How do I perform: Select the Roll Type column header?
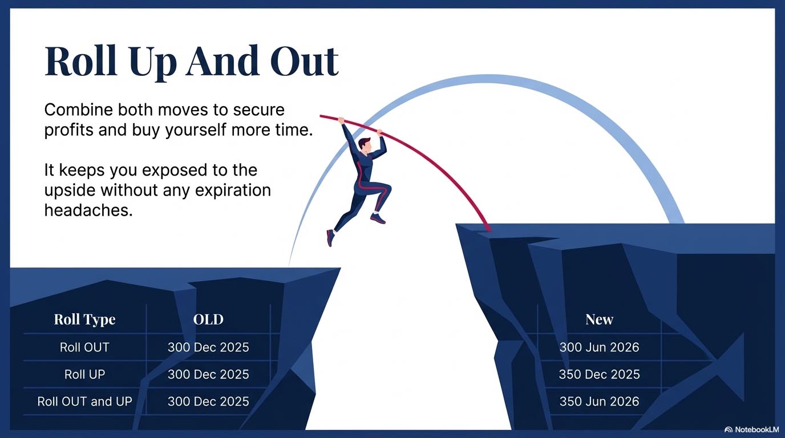(84, 319)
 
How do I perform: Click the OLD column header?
(208, 319)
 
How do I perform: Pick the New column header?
(599, 319)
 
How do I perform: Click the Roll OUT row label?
(84, 347)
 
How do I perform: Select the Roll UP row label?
(84, 374)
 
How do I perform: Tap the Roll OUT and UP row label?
(84, 401)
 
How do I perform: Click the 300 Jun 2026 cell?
(599, 347)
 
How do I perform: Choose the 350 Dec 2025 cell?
(599, 374)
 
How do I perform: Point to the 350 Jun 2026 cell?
(599, 401)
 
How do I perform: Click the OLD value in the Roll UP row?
(208, 374)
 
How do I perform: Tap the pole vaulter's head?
(364, 145)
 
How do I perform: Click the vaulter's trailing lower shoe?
(330, 237)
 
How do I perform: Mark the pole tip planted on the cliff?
(488, 229)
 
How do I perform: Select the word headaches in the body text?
(88, 210)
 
